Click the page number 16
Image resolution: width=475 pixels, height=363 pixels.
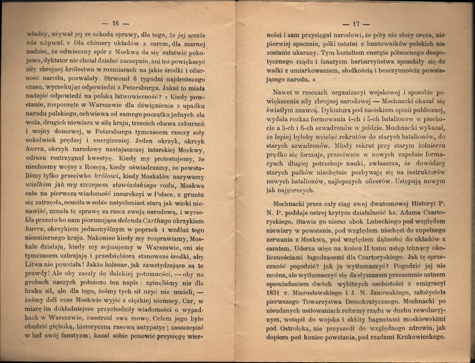point(114,23)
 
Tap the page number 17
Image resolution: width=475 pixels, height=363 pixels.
point(356,24)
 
